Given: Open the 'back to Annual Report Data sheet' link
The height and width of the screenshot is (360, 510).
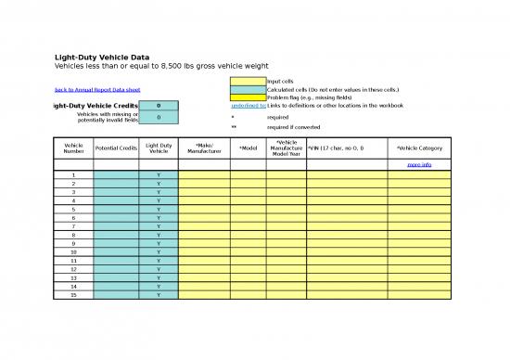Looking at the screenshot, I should point(96,89).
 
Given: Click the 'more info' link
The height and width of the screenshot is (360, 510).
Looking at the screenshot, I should point(419,164).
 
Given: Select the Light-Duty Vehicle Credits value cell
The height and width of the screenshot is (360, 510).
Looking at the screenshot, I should point(159,106).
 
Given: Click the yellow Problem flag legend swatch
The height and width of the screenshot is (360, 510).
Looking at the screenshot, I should point(248,97).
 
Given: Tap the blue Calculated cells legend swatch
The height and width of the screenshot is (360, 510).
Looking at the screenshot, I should point(248,89).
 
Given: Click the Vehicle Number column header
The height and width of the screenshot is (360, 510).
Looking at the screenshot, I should point(73,148).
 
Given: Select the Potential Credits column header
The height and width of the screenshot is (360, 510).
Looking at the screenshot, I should point(116,148).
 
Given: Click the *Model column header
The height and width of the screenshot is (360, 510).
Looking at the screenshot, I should point(248,148).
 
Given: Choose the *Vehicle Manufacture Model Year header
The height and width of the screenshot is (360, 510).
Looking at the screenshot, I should point(287,148).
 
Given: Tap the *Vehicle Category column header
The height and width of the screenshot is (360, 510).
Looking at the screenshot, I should point(419,148).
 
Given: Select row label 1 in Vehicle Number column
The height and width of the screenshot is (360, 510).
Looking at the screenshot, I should point(73,174).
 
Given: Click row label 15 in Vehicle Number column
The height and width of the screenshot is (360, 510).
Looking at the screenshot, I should point(73,295).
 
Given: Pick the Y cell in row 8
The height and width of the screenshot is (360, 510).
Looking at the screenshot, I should point(159,235).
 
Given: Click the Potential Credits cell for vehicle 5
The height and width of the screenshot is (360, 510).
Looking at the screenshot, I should point(116,209).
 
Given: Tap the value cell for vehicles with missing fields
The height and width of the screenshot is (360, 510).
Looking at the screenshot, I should point(159,118).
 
